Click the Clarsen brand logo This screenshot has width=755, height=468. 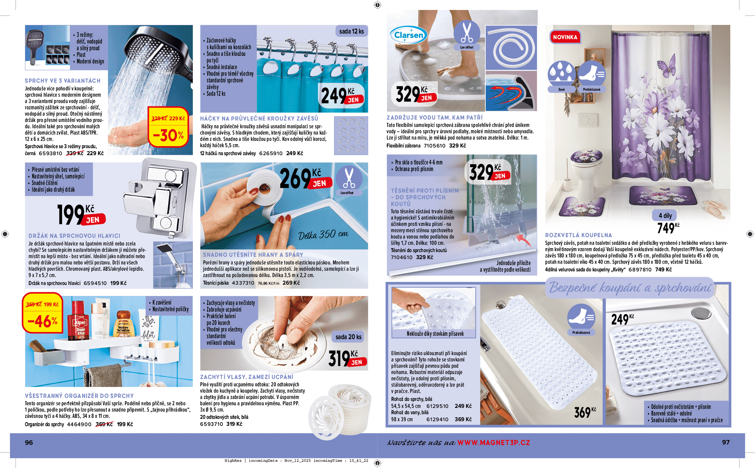(x=408, y=35)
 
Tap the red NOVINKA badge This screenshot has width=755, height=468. (x=565, y=37)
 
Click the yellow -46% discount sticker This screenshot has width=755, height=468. (x=43, y=313)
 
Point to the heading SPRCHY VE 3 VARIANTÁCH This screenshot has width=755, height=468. (x=63, y=81)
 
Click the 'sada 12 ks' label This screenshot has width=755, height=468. (x=351, y=31)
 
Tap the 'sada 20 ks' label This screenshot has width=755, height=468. (x=348, y=337)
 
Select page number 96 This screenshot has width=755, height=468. (x=29, y=442)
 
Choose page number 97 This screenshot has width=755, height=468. (x=726, y=442)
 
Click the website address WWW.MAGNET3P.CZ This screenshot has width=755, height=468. (x=493, y=442)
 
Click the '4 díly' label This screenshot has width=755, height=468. (x=665, y=216)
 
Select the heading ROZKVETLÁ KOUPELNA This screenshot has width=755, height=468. (x=578, y=235)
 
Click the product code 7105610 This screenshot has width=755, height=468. (x=434, y=145)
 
